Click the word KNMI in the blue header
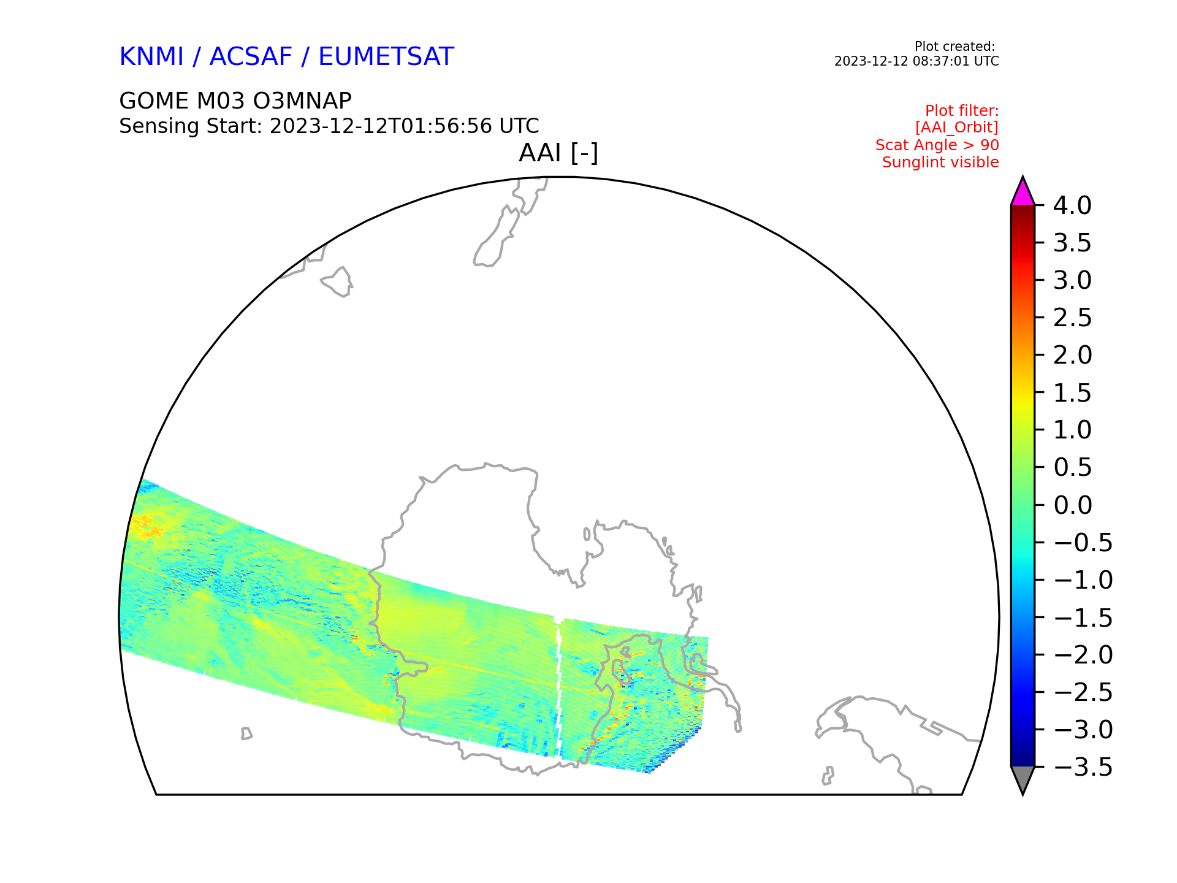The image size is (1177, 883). pos(151,57)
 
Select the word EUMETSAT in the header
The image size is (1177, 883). pos(386,57)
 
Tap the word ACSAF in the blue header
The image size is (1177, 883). pos(251,57)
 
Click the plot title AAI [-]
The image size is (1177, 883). pos(558,153)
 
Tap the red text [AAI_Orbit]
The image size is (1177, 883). pos(957,128)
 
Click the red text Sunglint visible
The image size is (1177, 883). pos(940,162)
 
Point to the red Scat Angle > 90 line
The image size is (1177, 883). pos(937,145)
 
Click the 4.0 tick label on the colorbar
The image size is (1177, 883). pos(1072,206)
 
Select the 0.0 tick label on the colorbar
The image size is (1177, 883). pos(1072,505)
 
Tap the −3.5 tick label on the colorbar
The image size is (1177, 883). pos(1083,767)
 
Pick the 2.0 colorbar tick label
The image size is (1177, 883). pos(1072,356)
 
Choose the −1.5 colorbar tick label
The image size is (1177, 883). pos(1083,617)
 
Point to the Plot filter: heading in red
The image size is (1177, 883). pos(962,111)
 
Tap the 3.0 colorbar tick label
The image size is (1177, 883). pos(1072,281)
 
